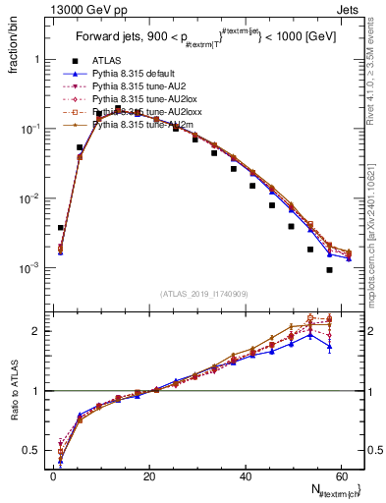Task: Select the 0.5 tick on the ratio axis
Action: click(36, 451)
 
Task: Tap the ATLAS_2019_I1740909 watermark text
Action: click(203, 294)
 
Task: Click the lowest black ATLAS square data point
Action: click(329, 270)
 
